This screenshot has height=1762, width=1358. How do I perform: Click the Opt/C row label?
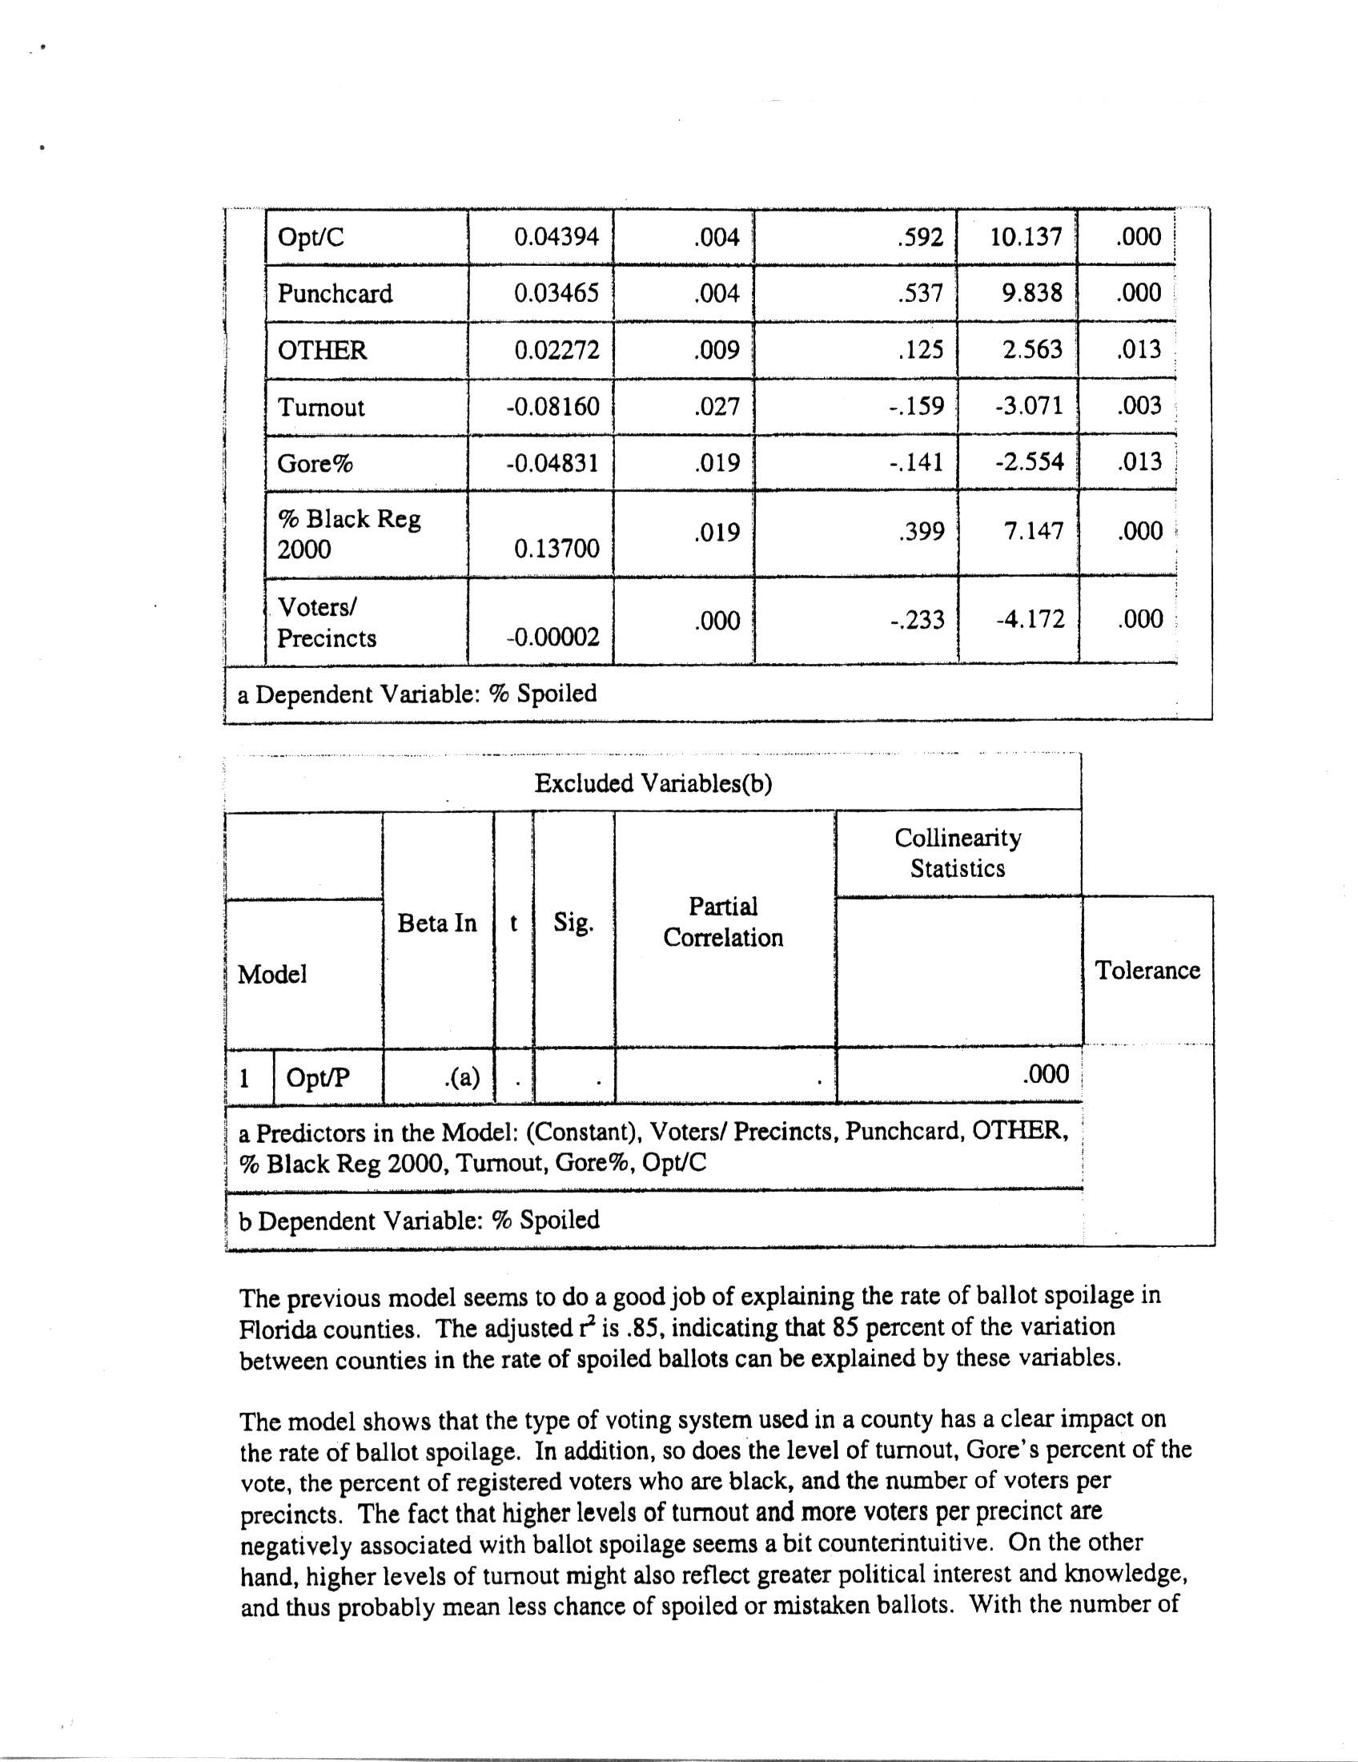[311, 237]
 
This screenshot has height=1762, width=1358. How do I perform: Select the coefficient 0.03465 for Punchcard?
[556, 293]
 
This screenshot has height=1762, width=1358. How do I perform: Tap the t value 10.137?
[1026, 237]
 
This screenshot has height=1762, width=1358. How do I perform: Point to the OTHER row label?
[322, 350]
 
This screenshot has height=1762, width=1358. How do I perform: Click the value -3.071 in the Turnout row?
[1029, 405]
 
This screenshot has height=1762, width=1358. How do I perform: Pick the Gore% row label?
[315, 464]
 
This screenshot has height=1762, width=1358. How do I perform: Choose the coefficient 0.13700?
[556, 549]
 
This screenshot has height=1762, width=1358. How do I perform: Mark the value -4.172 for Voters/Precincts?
[1030, 619]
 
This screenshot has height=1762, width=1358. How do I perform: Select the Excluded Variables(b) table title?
[653, 783]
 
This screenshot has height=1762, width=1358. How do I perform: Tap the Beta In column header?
[437, 923]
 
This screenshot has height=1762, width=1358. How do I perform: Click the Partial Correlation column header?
[723, 922]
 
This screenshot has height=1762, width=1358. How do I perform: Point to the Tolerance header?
[1147, 970]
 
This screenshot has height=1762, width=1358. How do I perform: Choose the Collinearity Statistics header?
[958, 854]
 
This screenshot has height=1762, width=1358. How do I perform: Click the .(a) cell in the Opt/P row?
[461, 1077]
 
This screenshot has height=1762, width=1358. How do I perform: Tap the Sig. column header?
[573, 922]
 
